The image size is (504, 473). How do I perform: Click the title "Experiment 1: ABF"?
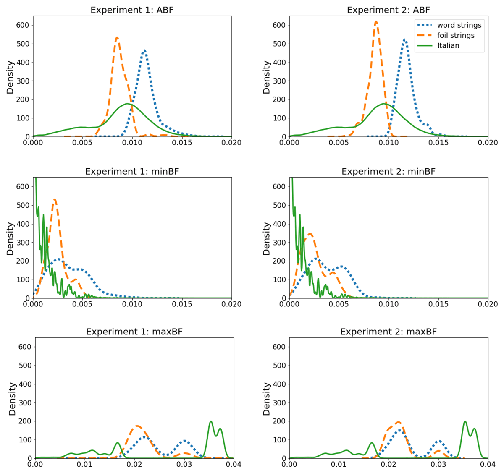[x=132, y=10]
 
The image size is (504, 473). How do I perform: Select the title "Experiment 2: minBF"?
[x=388, y=171]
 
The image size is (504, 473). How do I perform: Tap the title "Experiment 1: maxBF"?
[x=134, y=332]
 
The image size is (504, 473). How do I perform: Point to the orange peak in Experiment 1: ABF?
[x=117, y=37]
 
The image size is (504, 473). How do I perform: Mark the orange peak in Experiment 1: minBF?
[x=55, y=199]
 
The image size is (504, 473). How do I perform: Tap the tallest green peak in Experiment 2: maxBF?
[x=465, y=421]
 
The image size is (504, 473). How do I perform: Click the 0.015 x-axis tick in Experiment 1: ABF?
[x=182, y=143]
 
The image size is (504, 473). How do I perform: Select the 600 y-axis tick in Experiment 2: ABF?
[x=279, y=25]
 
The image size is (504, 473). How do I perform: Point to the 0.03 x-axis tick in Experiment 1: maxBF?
[x=184, y=464]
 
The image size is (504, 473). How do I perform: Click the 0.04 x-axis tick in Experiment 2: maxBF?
[x=488, y=464]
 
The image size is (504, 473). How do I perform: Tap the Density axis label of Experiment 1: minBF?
[x=10, y=238]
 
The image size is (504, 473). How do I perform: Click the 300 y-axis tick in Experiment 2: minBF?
[x=279, y=242]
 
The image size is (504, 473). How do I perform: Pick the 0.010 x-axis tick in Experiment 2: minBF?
[x=388, y=304]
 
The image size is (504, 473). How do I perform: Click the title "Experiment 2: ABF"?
[x=388, y=10]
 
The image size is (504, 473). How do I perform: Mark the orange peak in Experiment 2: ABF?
[x=376, y=21]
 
